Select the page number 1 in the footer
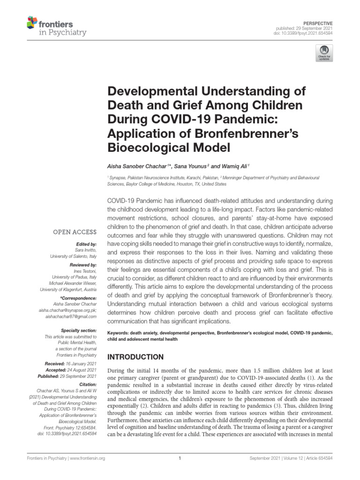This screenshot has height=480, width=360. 180,459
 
